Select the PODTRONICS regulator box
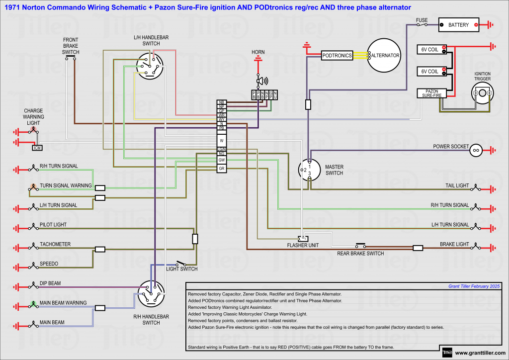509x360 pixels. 337,56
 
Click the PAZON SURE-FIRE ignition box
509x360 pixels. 431,92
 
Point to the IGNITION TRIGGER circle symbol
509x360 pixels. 482,93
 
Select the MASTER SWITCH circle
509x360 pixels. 309,171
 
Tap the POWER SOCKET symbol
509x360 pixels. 476,149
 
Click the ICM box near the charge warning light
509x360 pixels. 37,148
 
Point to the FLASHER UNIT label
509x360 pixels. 303,245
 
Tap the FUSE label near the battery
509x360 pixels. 422,20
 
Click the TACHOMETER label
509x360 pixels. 55,244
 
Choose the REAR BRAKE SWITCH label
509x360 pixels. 360,254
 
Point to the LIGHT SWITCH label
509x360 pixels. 181,269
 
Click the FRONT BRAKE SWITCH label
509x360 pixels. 71,46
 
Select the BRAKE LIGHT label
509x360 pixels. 454,244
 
